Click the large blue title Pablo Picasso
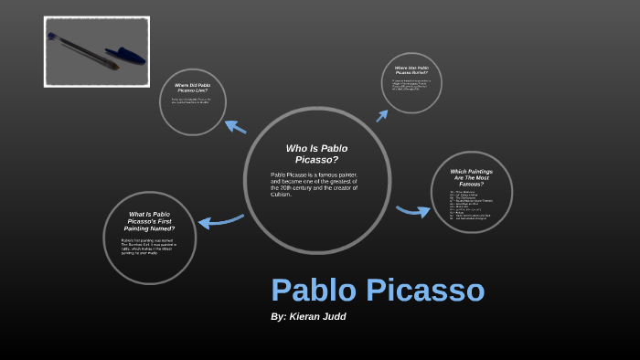(377, 291)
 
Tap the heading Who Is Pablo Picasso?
(316, 154)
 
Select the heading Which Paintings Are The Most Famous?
(471, 177)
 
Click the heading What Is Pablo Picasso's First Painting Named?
(149, 222)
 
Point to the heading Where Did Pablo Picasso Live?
(192, 89)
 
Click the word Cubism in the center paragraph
(283, 193)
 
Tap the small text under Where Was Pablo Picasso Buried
(411, 86)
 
